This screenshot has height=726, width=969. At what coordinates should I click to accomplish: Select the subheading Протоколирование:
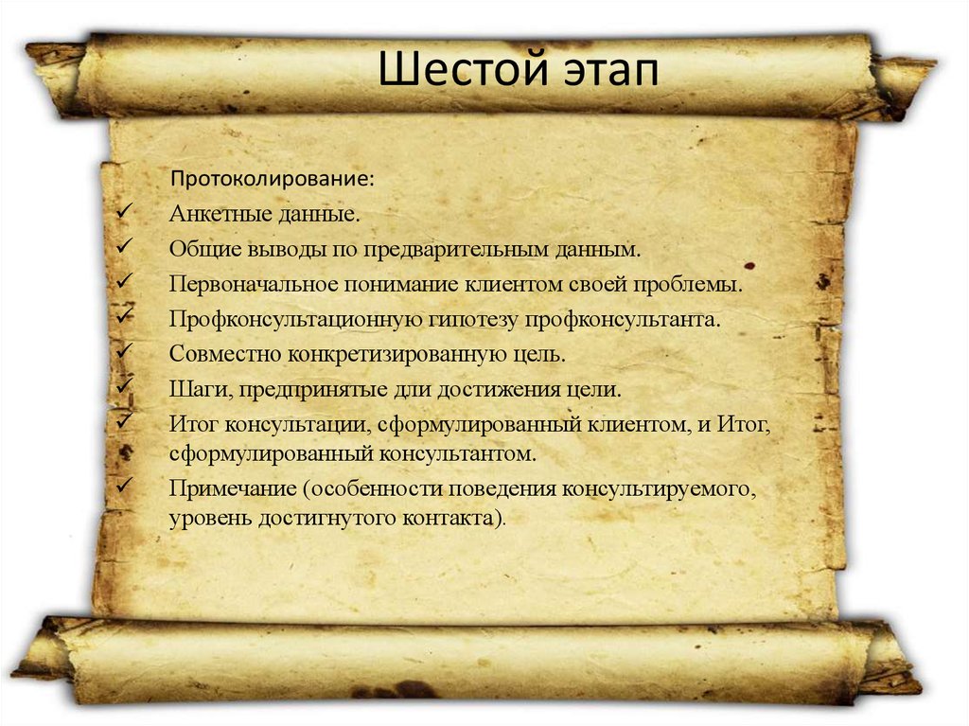(272, 179)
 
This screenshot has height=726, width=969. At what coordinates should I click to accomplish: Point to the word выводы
(283, 249)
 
